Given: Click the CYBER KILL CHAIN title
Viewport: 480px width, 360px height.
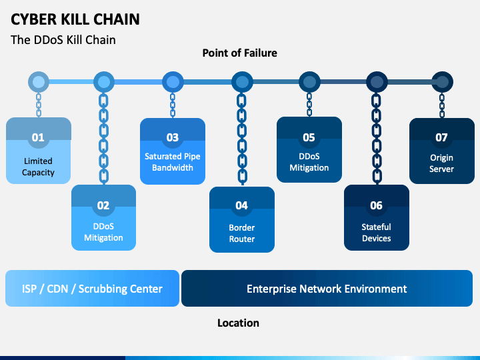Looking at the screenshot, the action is (x=75, y=19).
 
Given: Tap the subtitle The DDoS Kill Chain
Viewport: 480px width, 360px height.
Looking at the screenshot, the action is (x=63, y=40).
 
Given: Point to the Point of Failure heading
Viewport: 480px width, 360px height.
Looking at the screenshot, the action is (x=240, y=53).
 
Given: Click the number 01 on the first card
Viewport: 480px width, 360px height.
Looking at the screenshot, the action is (x=38, y=137).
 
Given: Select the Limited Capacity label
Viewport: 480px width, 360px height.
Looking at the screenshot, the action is (x=38, y=167).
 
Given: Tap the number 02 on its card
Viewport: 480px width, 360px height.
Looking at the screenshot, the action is (x=103, y=205).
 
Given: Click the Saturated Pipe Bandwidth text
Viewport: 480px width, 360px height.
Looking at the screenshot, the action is (x=173, y=162).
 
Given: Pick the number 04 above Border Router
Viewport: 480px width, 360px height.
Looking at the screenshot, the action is (x=241, y=205).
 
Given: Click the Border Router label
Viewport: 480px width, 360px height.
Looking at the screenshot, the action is (x=242, y=233).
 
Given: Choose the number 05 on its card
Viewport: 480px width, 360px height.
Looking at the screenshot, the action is (x=309, y=137).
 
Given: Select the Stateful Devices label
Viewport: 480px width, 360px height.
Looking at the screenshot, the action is (x=376, y=233).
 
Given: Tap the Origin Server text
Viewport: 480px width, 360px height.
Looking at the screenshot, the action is (x=441, y=163).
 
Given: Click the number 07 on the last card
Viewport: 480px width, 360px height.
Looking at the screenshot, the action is (x=441, y=137).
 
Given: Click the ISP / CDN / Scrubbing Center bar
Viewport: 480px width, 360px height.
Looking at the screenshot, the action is (x=92, y=289).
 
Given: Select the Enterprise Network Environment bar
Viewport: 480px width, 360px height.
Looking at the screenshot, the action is (x=327, y=289).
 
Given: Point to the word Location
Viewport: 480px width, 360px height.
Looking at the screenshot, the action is (x=238, y=323).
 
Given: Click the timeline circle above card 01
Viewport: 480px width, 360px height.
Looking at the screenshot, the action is (x=39, y=82).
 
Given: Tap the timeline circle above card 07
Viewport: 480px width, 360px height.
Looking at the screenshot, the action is (x=442, y=82).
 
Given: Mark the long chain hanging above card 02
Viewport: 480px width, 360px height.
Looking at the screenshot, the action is (x=104, y=139).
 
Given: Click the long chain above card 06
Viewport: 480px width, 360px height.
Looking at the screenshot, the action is (x=377, y=139).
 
